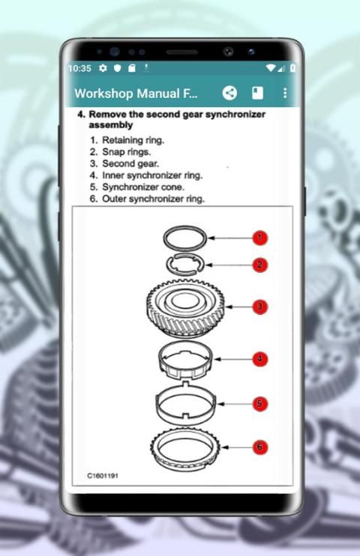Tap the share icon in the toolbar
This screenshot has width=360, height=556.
tap(229, 93)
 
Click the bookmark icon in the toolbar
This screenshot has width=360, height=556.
tap(257, 93)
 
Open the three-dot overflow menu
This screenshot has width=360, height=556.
tap(285, 93)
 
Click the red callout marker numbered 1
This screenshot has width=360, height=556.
tap(260, 238)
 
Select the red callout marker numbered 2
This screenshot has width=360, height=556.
tap(260, 265)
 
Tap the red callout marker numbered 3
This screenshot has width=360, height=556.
tap(260, 306)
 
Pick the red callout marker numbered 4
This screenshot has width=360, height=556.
tap(260, 359)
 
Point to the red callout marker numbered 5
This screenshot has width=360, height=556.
tap(260, 404)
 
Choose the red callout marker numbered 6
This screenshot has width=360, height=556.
tap(260, 447)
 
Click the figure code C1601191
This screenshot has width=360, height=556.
tap(103, 476)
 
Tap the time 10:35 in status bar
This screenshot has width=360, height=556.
tap(79, 68)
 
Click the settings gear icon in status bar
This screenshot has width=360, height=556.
tap(103, 67)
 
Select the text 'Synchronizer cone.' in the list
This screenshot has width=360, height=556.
tap(143, 187)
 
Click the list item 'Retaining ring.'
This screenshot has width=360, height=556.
tap(133, 140)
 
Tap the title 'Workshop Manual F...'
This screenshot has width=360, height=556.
tap(136, 93)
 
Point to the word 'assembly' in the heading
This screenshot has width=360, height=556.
tap(111, 125)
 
